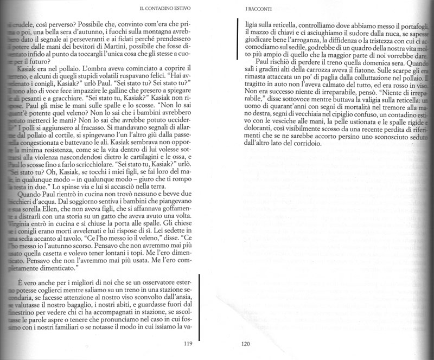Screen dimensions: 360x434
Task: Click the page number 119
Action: pyautogui.click(x=189, y=342)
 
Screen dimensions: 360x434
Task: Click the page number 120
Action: pyautogui.click(x=245, y=342)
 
